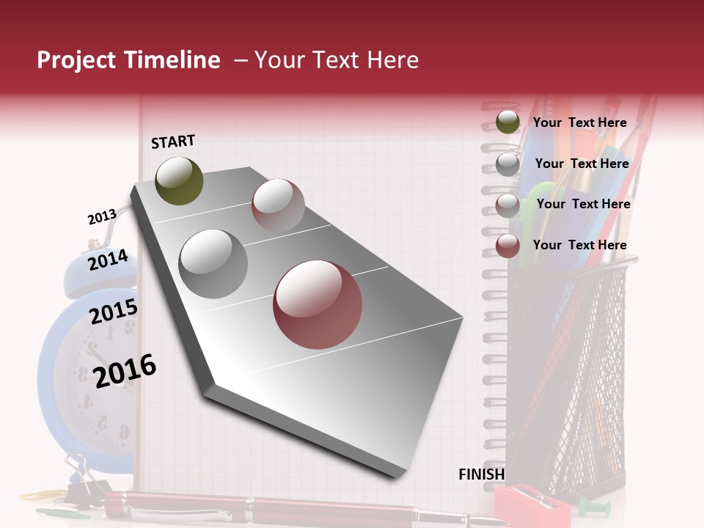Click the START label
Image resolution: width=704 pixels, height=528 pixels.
[173, 142]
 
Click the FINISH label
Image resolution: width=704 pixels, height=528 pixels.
[482, 474]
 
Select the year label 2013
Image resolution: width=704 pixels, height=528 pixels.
[102, 217]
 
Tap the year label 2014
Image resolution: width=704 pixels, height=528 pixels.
[108, 260]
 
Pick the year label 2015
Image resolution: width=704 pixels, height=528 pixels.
[114, 312]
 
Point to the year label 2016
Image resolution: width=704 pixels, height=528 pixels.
[125, 370]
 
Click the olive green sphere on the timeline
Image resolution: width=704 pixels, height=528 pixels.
[179, 180]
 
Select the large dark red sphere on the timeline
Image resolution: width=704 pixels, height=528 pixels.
[318, 304]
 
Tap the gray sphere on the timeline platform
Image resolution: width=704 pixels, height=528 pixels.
[213, 263]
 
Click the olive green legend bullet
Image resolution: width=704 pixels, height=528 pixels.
[507, 122]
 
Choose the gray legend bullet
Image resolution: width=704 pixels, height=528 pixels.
[507, 164]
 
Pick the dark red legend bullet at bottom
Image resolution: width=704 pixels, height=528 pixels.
[507, 246]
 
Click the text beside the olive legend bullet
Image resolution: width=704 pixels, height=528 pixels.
[579, 122]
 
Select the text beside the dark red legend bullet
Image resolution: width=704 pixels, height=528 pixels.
[579, 245]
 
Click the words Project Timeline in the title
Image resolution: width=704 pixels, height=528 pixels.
[128, 60]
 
